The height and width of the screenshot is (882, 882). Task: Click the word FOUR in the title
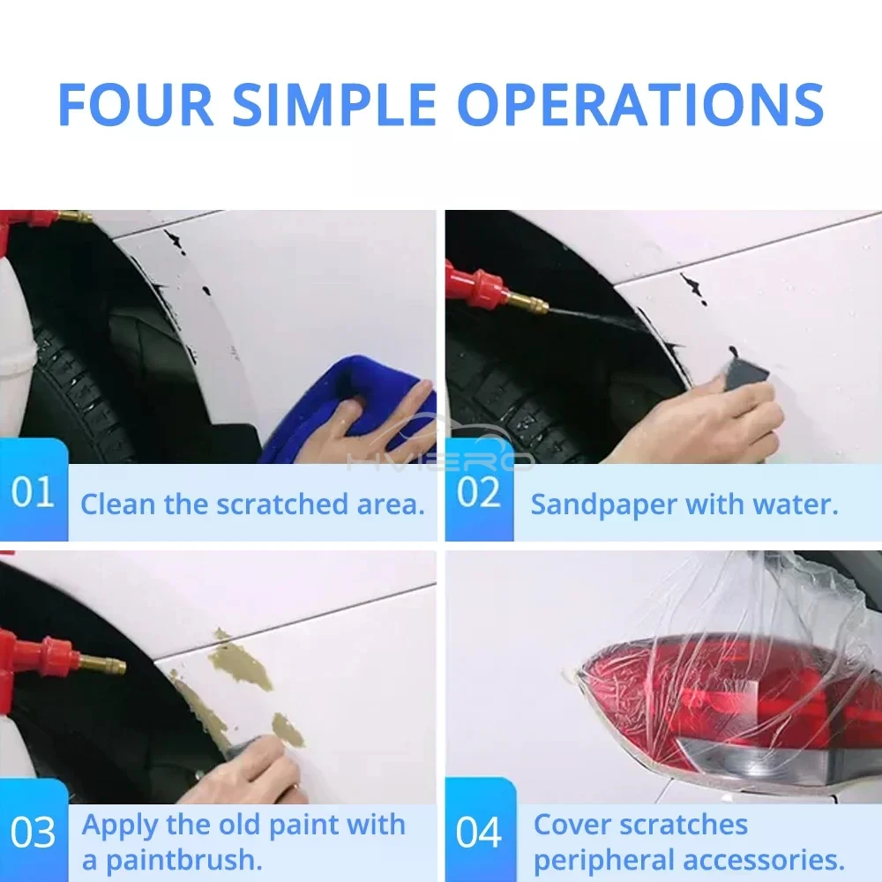[136, 105]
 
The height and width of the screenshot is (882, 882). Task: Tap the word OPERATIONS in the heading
[640, 105]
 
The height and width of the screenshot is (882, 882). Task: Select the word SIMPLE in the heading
[334, 105]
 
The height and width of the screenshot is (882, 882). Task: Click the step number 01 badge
[34, 490]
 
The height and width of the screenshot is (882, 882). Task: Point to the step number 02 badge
[479, 490]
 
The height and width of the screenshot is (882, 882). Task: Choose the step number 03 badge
[34, 832]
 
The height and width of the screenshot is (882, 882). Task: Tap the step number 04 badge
[480, 832]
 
